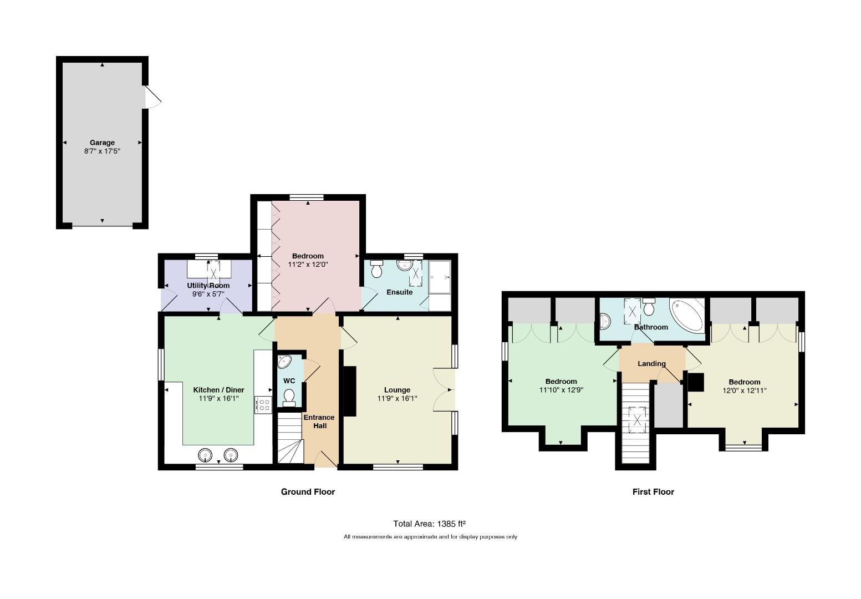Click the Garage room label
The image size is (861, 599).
tap(102, 142)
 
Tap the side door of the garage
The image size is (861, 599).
tap(153, 97)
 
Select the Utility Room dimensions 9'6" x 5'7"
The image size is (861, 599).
tap(208, 294)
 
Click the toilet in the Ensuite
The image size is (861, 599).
tap(376, 269)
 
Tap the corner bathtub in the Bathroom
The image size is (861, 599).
tap(687, 315)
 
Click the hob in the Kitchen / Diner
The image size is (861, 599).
tap(263, 405)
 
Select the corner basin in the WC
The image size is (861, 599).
tap(284, 362)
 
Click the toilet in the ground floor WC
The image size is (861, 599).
tap(289, 398)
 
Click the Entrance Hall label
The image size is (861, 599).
tap(319, 422)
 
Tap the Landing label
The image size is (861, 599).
tap(651, 363)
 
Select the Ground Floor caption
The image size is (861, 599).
tap(308, 492)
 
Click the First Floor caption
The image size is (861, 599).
tap(654, 492)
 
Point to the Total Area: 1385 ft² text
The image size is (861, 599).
tap(429, 524)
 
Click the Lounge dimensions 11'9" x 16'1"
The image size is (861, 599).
tap(397, 399)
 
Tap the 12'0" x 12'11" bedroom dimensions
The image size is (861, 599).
tap(745, 390)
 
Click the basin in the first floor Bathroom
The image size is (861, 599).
tap(605, 321)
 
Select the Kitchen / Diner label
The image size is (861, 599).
tap(218, 390)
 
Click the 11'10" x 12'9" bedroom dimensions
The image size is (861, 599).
tap(561, 390)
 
